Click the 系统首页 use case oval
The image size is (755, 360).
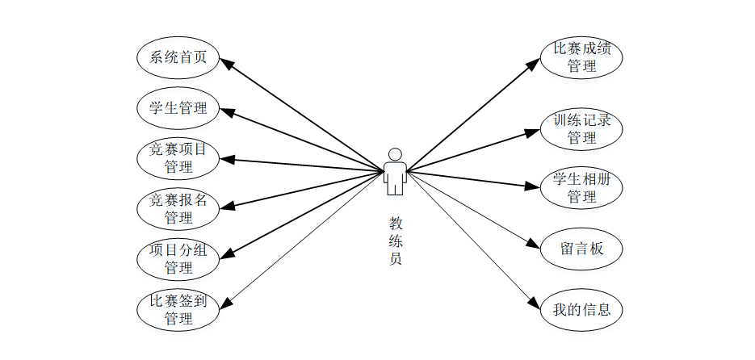pyautogui.click(x=178, y=57)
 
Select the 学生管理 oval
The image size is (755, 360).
pyautogui.click(x=178, y=107)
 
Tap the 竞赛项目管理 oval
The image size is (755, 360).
pyautogui.click(x=178, y=158)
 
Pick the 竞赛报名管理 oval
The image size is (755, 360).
pyautogui.click(x=178, y=208)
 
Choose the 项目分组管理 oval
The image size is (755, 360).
pyautogui.click(x=178, y=258)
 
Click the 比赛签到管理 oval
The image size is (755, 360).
pyautogui.click(x=178, y=309)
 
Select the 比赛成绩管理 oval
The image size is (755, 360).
pyautogui.click(x=581, y=57)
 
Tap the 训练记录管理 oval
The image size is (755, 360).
pyautogui.click(x=581, y=128)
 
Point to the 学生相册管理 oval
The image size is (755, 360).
pyautogui.click(x=581, y=187)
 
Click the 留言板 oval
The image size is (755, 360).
pyautogui.click(x=581, y=249)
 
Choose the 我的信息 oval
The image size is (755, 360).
pyautogui.click(x=581, y=308)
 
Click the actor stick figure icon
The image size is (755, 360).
pyautogui.click(x=394, y=172)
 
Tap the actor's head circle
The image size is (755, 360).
pyautogui.click(x=394, y=154)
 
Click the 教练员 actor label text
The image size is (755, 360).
pyautogui.click(x=395, y=241)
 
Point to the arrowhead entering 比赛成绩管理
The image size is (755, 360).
pyautogui.click(x=533, y=64)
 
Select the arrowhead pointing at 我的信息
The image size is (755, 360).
pyautogui.click(x=533, y=303)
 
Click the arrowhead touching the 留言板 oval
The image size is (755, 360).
pyautogui.click(x=533, y=245)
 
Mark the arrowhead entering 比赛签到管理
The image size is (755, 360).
pyautogui.click(x=226, y=304)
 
